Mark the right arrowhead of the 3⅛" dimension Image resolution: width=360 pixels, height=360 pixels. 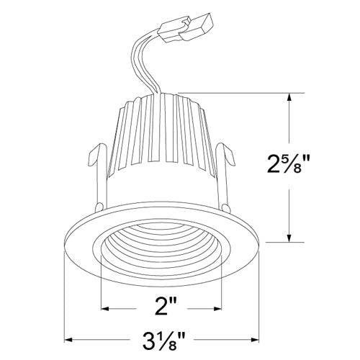[x=259, y=337]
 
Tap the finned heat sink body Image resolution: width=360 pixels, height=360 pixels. [x=163, y=137]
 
